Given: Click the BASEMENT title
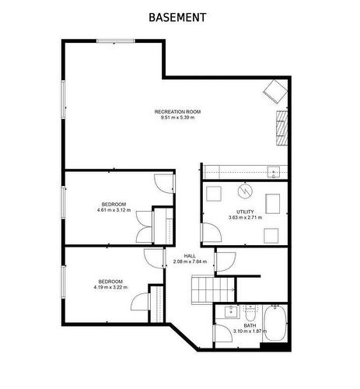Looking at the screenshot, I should [177, 17].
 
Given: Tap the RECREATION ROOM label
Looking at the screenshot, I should [177, 112].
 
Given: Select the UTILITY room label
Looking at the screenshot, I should [245, 212].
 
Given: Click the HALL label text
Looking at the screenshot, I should [189, 256].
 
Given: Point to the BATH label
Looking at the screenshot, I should [250, 326].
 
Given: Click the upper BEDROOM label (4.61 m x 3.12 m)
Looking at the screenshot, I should [114, 204].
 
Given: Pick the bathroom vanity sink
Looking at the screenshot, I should [229, 313].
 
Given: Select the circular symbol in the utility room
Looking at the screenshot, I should [244, 191].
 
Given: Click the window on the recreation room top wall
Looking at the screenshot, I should [115, 40].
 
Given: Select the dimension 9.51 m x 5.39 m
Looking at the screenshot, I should [177, 118].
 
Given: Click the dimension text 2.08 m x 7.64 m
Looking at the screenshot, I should [189, 262].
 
